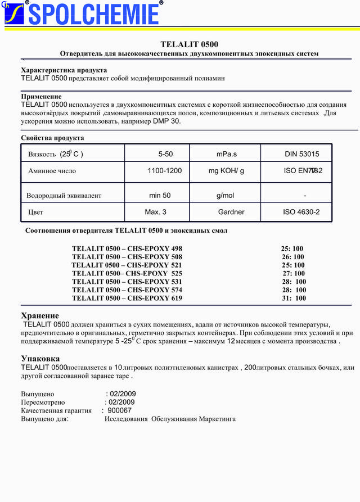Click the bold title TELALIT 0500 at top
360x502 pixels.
(189, 44)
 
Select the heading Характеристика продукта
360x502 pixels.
(64, 70)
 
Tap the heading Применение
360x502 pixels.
(41, 97)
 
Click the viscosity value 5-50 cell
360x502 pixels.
(165, 154)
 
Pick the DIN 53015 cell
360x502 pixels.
(301, 154)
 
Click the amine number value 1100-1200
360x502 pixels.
(164, 170)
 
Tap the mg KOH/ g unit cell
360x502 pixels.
(226, 170)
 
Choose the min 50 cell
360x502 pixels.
(160, 196)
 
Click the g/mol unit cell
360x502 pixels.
(225, 196)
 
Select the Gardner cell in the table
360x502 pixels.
(231, 212)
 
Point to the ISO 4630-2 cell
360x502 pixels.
(301, 212)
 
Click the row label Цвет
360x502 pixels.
(35, 212)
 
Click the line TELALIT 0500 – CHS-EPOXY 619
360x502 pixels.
(127, 298)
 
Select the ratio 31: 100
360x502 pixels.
(294, 299)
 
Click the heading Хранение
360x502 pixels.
(40, 316)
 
